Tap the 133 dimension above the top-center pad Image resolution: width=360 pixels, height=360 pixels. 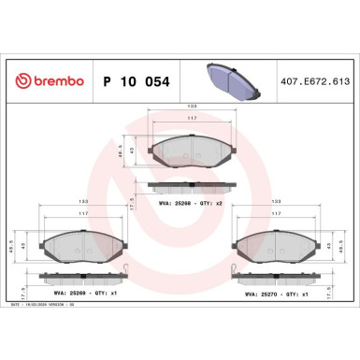pos(191,106)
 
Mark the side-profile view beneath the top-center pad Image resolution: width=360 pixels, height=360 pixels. pos(191,187)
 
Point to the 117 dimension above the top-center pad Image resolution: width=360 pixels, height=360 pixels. pos(191,118)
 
